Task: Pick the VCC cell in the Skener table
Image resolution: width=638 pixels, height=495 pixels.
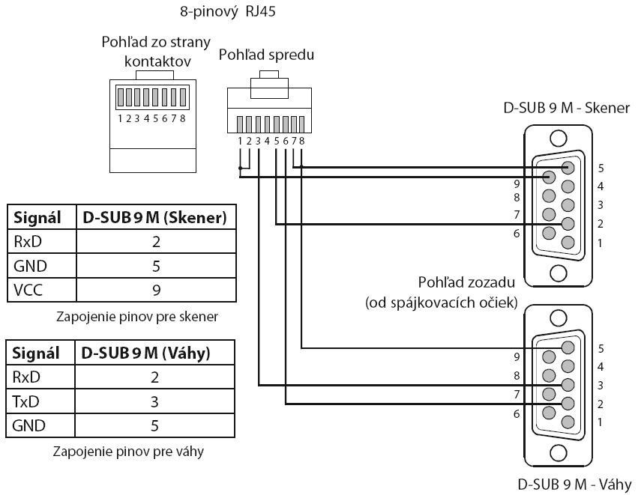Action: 27,289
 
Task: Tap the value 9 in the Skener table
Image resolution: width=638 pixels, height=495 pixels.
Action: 157,289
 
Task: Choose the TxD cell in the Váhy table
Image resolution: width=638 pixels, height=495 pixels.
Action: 25,401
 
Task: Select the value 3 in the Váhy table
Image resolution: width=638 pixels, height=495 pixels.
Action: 154,401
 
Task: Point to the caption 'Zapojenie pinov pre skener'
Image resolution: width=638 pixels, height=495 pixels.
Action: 137,316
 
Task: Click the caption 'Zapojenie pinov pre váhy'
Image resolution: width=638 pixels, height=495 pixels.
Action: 129,452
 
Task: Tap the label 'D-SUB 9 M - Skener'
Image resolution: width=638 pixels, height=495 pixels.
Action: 567,108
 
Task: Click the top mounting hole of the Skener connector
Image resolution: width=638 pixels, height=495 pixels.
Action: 558,139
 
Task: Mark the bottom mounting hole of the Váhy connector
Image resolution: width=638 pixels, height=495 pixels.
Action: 558,453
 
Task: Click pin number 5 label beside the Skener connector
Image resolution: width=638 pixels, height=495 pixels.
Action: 601,168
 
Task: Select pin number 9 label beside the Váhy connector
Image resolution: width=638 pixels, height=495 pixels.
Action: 517,356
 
